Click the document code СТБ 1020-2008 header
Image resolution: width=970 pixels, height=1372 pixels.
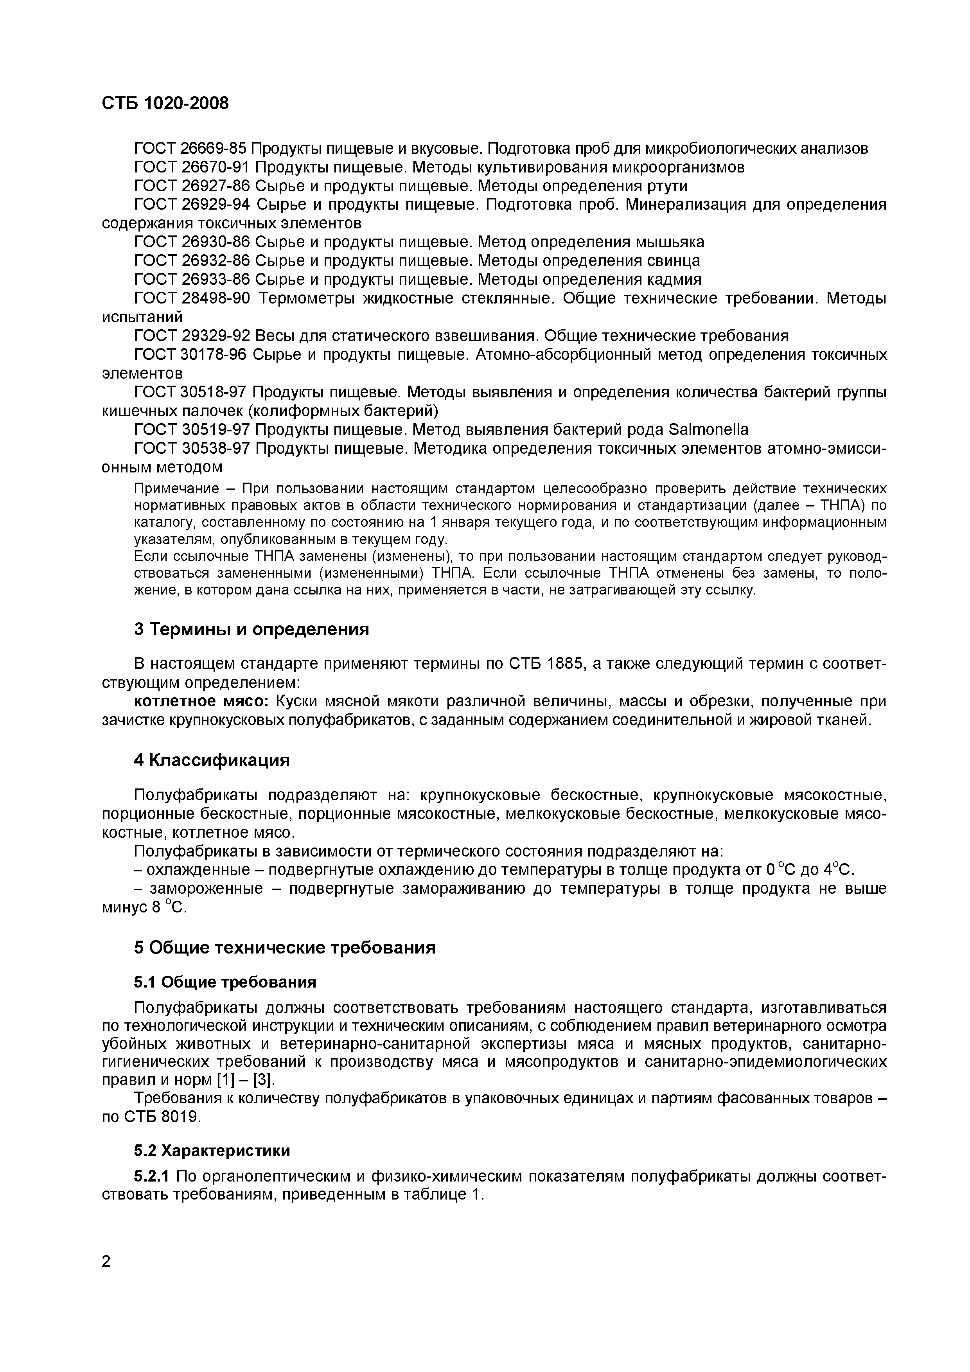(165, 103)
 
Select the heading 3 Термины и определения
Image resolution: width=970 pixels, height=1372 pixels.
(251, 629)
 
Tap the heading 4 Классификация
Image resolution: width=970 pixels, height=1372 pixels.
(212, 760)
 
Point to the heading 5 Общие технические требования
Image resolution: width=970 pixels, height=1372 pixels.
(284, 948)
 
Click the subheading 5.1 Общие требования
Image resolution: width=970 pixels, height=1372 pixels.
(225, 982)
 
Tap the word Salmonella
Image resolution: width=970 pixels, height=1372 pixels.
(707, 430)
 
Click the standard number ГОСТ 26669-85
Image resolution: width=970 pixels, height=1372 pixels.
(190, 148)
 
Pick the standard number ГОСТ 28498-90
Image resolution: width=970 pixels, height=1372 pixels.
(191, 298)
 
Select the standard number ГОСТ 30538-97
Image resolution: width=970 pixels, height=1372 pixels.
(191, 448)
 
